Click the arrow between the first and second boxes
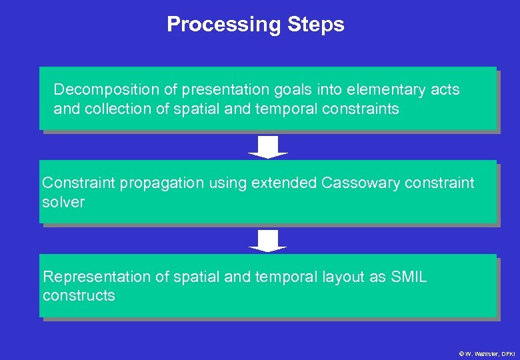[x=268, y=147]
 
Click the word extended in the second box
[x=284, y=183]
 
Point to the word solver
[x=63, y=203]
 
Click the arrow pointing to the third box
[x=268, y=241]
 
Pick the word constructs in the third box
[x=79, y=296]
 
